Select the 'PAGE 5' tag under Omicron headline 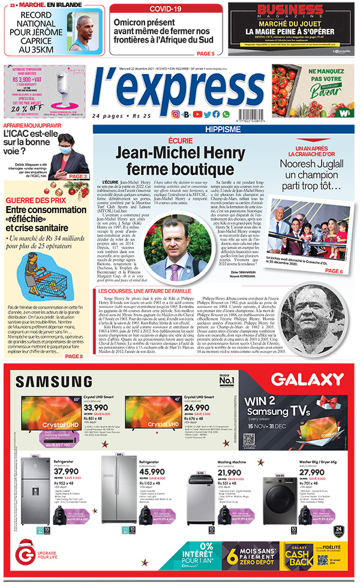205,54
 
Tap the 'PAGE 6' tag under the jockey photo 334,271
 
